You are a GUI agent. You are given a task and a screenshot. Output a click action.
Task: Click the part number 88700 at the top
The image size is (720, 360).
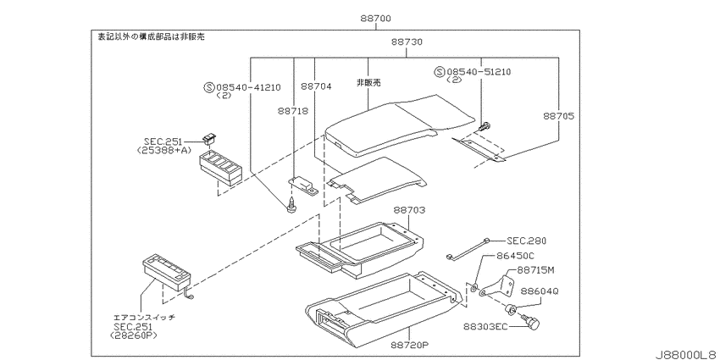pyautogui.click(x=375, y=19)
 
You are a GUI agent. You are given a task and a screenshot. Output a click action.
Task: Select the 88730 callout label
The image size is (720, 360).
pyautogui.click(x=407, y=42)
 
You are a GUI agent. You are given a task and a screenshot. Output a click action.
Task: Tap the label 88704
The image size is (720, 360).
pyautogui.click(x=317, y=86)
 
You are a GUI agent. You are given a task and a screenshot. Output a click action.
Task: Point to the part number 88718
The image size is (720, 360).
pyautogui.click(x=293, y=111)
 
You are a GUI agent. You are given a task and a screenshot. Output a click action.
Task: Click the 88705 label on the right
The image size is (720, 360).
pyautogui.click(x=558, y=116)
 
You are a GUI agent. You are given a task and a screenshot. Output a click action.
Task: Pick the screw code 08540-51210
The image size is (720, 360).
pyautogui.click(x=479, y=72)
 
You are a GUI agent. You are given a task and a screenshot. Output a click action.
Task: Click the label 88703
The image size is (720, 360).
pyautogui.click(x=409, y=210)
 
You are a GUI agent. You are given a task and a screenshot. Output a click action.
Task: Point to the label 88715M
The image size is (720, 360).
pyautogui.click(x=536, y=270)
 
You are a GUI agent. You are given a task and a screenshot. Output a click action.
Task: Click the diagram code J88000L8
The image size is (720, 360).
pyautogui.click(x=686, y=355)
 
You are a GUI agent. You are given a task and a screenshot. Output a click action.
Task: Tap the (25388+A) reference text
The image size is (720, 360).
pyautogui.click(x=164, y=150)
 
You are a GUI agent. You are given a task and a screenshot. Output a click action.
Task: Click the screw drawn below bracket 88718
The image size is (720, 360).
pyautogui.click(x=290, y=205)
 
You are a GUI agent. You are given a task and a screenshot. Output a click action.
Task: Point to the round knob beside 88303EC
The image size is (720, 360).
pyautogui.click(x=533, y=324)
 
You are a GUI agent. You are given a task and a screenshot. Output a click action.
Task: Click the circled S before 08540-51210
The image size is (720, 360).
pyautogui.click(x=440, y=72)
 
